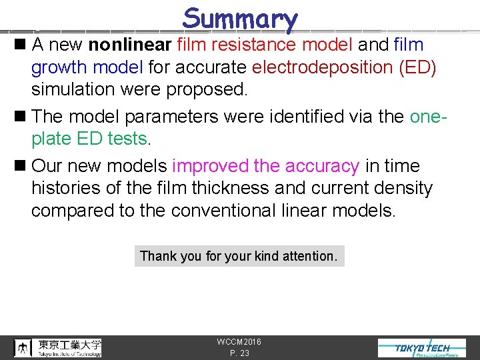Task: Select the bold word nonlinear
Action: pos(130,45)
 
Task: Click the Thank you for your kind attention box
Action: pos(239,256)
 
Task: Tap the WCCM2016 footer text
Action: pos(239,342)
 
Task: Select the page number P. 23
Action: pos(239,353)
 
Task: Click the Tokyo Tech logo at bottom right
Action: pos(423,348)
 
